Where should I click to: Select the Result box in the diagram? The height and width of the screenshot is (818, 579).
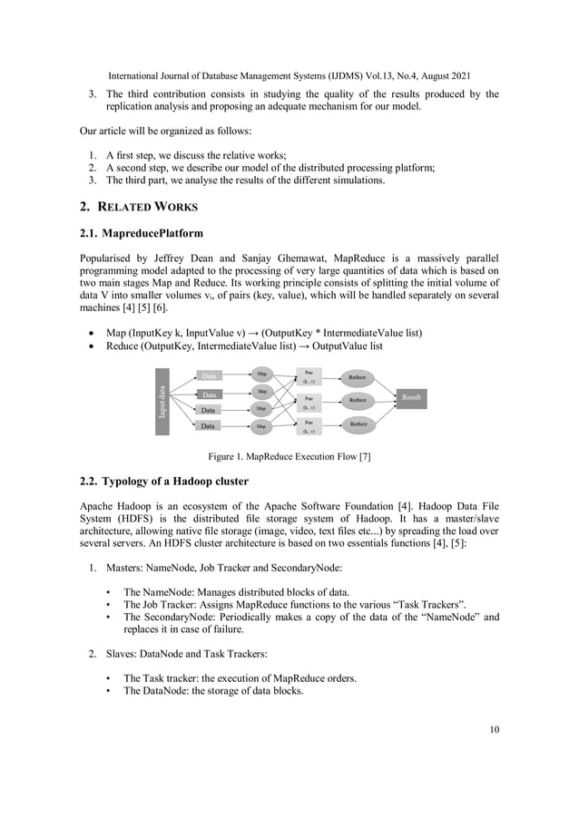410,397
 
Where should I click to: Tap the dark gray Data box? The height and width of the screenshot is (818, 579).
210,395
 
